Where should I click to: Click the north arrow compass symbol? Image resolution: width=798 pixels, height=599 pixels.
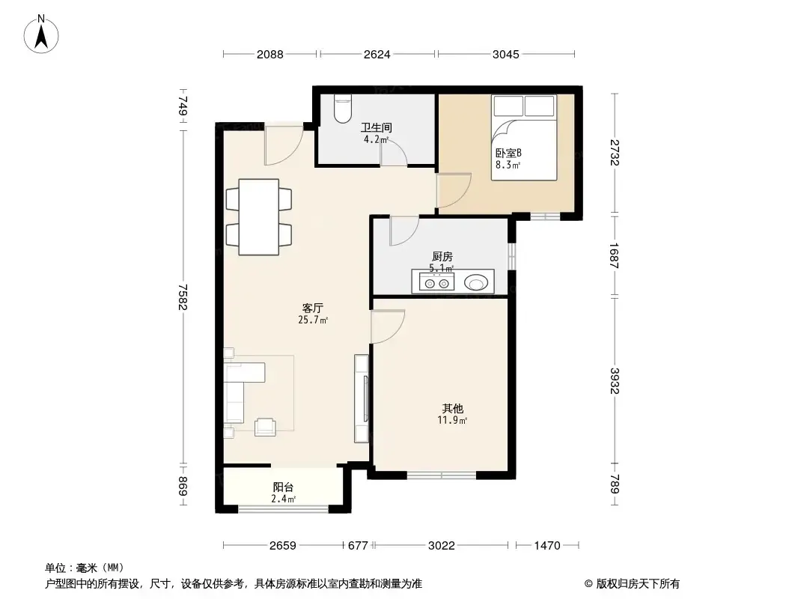click(41, 34)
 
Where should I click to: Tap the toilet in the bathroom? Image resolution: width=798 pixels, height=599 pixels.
click(343, 109)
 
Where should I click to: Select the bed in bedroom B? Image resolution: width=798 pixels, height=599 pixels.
click(524, 138)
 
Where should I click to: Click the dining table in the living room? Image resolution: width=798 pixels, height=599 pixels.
click(258, 217)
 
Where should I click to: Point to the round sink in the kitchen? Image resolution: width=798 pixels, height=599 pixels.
click(477, 282)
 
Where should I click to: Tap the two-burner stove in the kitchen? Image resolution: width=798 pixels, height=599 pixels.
click(436, 282)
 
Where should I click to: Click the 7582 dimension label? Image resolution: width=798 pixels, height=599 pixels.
click(183, 297)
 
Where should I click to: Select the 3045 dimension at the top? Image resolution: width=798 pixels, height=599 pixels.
click(506, 54)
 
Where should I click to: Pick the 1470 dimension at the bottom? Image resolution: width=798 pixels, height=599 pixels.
click(547, 546)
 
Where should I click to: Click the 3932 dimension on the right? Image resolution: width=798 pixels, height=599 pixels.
click(615, 380)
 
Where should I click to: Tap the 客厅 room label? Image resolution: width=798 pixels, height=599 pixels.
click(312, 308)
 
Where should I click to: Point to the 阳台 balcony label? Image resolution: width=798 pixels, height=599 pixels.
click(283, 487)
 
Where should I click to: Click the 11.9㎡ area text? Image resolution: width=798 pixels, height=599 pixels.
click(452, 420)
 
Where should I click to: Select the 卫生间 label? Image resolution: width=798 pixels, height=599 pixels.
click(376, 128)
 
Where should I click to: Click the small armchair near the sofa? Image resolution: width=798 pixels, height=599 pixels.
click(265, 427)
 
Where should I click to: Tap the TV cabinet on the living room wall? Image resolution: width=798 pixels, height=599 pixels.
click(362, 398)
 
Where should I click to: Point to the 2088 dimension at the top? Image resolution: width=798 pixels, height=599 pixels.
click(269, 54)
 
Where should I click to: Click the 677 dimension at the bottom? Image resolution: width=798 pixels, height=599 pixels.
click(358, 546)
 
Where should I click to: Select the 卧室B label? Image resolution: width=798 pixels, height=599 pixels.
click(508, 153)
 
